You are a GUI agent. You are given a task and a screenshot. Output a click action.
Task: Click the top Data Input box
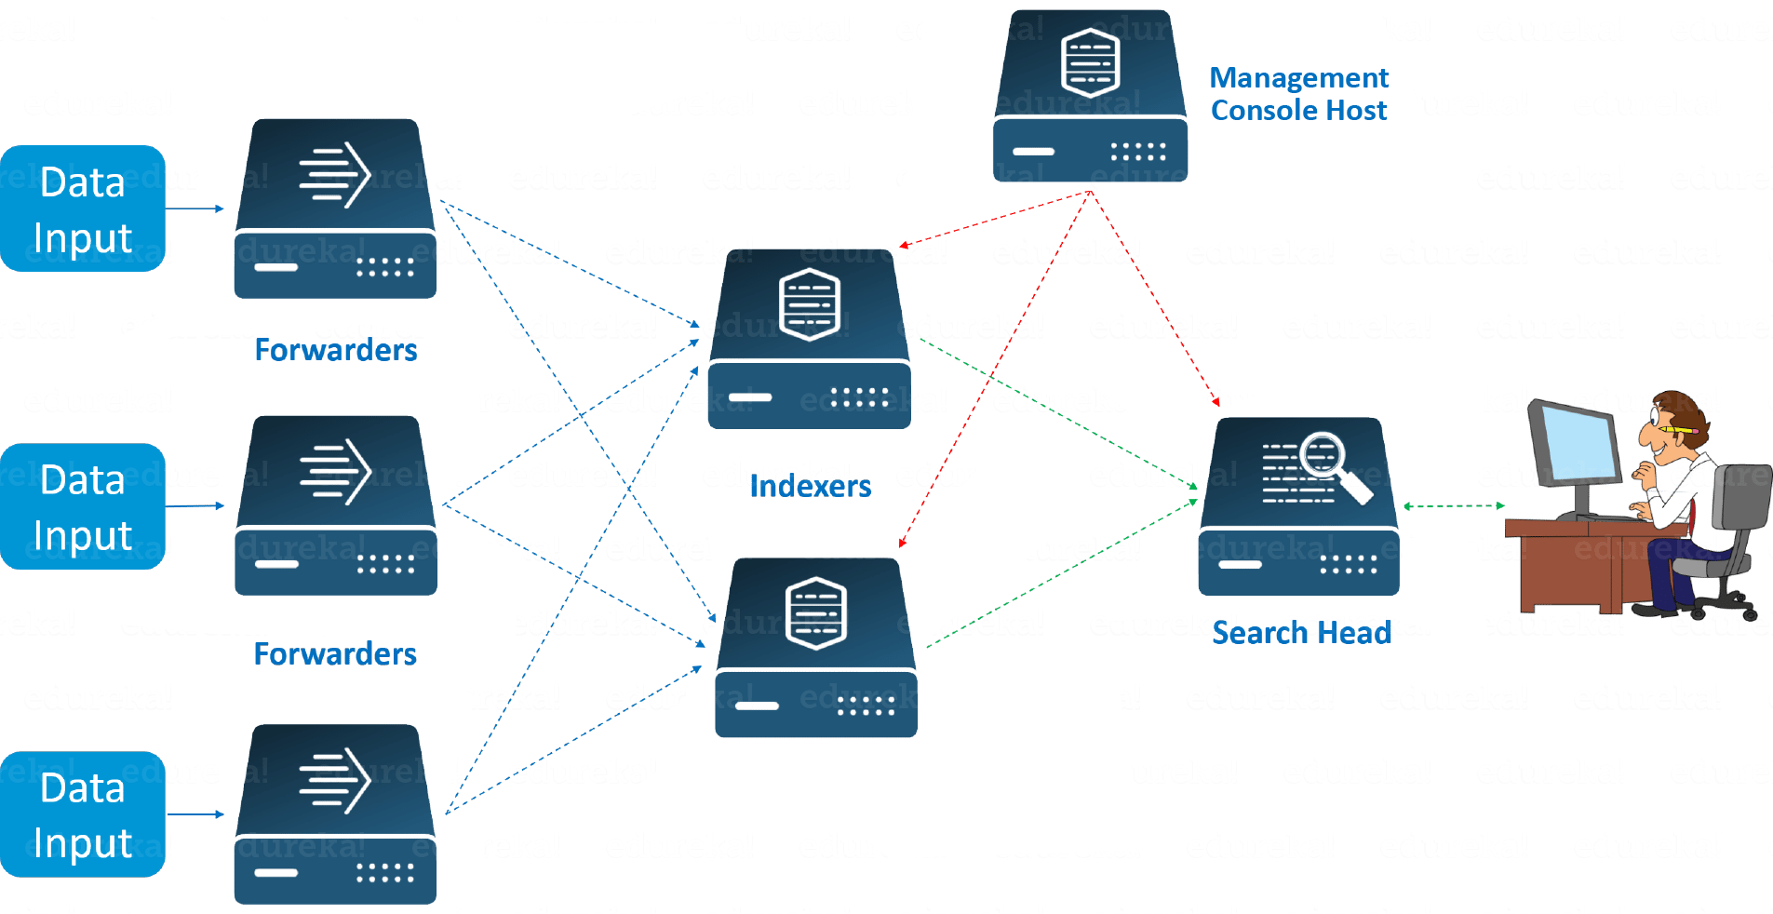(x=83, y=208)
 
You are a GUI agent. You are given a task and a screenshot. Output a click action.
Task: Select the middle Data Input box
(x=83, y=506)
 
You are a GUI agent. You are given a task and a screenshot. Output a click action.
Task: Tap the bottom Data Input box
(x=83, y=814)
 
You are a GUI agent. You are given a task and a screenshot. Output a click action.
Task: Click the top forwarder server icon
(x=335, y=209)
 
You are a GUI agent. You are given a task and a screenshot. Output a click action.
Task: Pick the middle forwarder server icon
(x=335, y=506)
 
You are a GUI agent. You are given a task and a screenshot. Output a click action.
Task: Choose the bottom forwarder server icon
(x=335, y=814)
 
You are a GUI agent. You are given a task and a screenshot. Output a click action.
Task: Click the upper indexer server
(x=809, y=340)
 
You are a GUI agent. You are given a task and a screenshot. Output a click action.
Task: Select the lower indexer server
(x=816, y=648)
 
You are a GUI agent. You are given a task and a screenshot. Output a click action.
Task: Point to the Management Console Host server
(x=1090, y=96)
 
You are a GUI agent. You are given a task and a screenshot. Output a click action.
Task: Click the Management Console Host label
(x=1299, y=94)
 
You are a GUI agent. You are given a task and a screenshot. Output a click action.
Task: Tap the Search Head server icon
(x=1298, y=507)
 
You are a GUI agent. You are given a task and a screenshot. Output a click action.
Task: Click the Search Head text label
(x=1301, y=633)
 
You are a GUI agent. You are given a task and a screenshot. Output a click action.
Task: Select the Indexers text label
(x=811, y=486)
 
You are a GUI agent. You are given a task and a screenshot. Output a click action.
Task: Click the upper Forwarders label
(x=335, y=350)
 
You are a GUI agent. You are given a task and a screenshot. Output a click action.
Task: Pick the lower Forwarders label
(x=335, y=654)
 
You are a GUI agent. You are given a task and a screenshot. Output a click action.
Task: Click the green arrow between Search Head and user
(x=1454, y=506)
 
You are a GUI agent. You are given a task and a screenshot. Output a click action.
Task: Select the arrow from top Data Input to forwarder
(x=195, y=208)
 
